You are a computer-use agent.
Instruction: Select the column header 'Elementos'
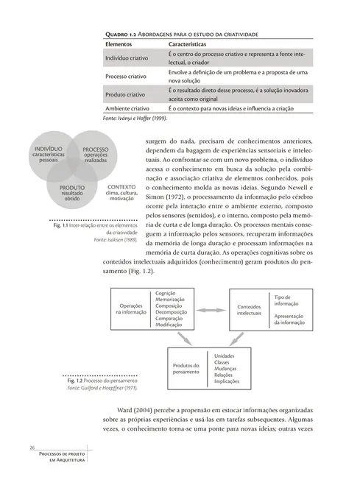122,45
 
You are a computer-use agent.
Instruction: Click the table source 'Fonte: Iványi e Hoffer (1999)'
136,118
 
